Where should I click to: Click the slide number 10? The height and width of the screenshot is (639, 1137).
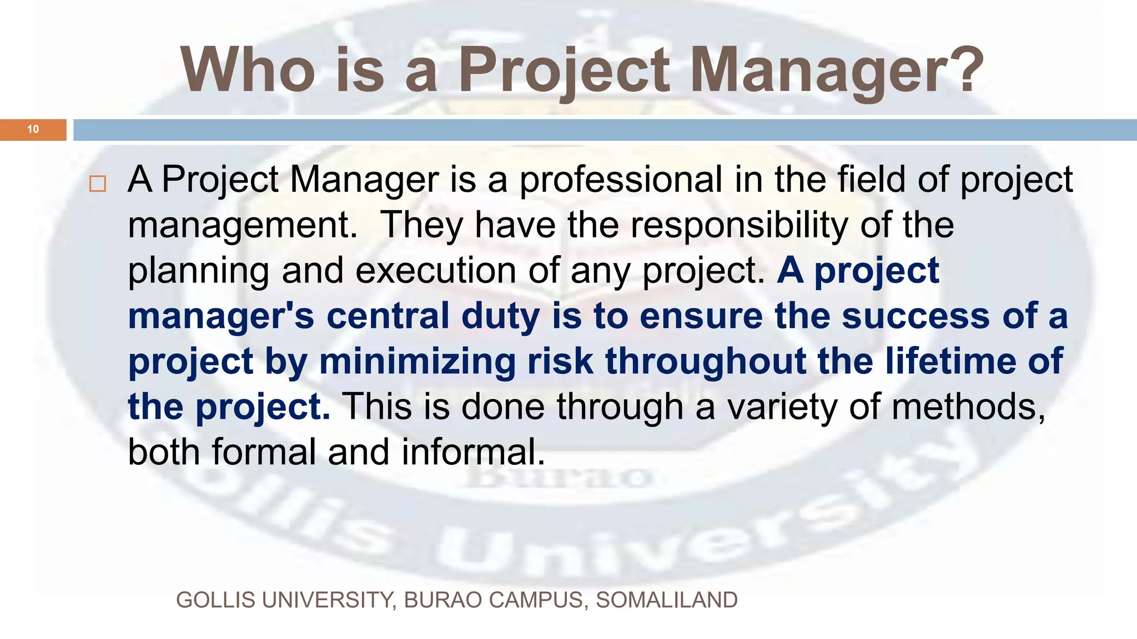[33, 129]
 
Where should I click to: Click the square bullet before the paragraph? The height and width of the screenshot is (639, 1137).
[98, 184]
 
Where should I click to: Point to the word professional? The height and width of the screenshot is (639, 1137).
[621, 180]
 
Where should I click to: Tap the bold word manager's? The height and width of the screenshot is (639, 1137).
[221, 316]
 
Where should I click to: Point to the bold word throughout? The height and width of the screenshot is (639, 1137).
[705, 362]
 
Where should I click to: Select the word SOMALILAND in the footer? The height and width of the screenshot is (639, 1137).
[667, 600]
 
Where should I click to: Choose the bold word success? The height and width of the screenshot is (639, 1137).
[915, 316]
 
